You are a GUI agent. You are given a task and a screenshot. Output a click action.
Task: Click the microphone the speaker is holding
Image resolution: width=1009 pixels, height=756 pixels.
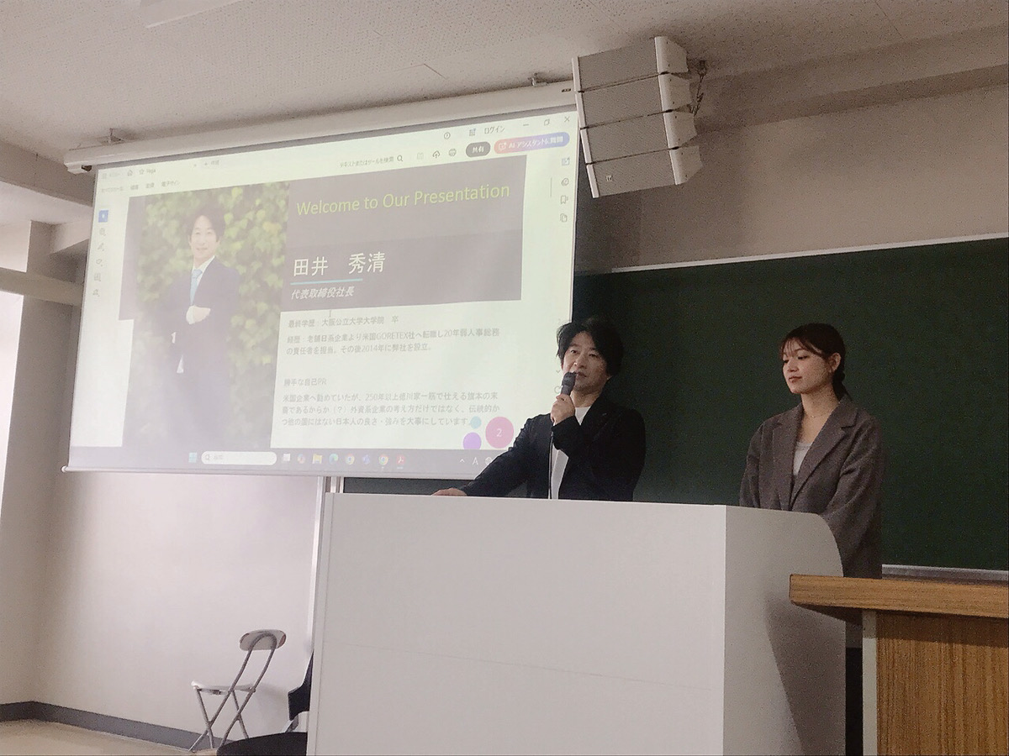click(568, 384)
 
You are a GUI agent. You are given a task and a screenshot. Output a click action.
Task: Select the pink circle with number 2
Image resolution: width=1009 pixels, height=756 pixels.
click(499, 432)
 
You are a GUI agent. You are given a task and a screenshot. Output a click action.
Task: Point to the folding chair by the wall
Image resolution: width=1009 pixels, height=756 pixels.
click(239, 680)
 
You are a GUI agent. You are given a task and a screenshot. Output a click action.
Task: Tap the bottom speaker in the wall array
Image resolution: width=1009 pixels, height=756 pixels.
click(644, 171)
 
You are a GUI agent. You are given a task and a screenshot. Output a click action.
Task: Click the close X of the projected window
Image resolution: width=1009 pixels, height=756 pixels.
click(567, 120)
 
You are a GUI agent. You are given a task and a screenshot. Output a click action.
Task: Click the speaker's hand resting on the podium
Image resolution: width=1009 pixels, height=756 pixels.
click(450, 491)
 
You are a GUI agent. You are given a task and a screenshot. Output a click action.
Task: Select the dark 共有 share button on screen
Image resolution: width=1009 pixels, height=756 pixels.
click(478, 149)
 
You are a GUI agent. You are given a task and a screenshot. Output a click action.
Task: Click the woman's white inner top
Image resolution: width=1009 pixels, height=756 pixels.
click(801, 454)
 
